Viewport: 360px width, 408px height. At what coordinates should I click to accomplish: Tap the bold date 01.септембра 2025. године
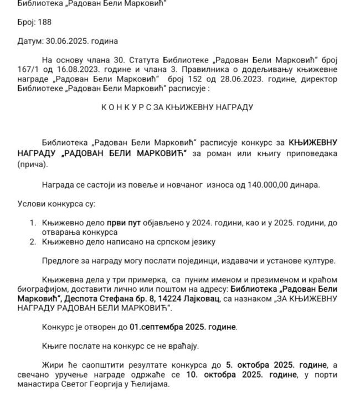click(183, 327)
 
